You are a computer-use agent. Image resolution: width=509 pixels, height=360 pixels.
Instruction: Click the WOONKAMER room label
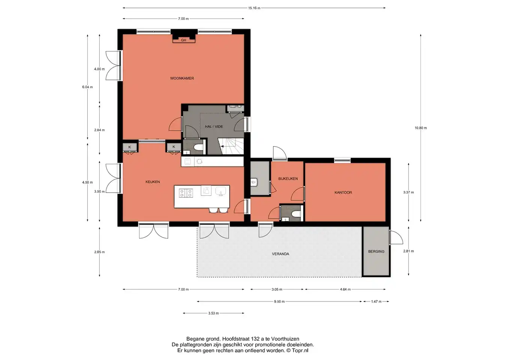tap(182, 78)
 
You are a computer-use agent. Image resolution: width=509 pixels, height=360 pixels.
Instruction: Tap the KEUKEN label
tap(153, 182)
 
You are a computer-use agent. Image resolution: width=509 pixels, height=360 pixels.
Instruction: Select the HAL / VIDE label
tap(214, 127)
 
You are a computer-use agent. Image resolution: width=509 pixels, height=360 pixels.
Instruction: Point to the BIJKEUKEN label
tap(288, 178)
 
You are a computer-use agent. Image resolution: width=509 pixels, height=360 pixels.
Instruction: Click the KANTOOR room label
tap(343, 192)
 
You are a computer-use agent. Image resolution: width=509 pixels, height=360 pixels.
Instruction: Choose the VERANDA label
tap(280, 254)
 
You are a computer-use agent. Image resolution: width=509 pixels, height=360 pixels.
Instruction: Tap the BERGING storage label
tap(376, 251)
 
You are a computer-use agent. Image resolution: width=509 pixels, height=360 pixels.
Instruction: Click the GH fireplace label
tap(183, 40)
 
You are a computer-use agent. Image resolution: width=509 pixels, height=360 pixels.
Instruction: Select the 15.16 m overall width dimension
tap(254, 8)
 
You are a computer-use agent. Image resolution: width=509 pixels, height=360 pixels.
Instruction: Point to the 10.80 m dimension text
tap(421, 128)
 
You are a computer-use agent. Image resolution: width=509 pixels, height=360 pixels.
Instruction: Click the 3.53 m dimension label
tap(213, 313)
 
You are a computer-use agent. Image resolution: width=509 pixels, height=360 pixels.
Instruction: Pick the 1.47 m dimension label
tap(376, 301)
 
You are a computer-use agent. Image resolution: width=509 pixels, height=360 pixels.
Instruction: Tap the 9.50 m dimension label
tap(279, 301)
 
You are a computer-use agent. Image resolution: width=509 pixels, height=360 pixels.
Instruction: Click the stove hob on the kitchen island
tap(186, 193)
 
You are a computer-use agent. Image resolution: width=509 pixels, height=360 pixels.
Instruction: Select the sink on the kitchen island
tap(221, 191)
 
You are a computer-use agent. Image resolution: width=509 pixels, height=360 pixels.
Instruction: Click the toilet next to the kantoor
tap(296, 214)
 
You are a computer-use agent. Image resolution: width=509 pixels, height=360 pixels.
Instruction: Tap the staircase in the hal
tap(231, 146)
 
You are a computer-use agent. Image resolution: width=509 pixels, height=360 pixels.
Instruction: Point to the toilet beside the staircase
tap(198, 147)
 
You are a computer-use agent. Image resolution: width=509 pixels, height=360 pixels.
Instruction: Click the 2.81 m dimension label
tap(408, 251)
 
